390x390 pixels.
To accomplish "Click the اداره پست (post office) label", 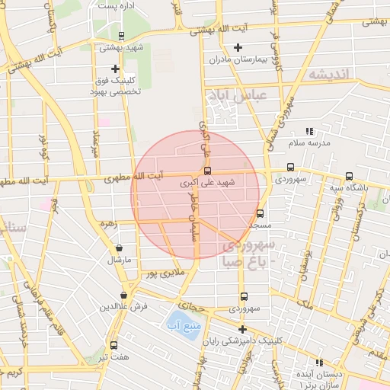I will pos(113,5).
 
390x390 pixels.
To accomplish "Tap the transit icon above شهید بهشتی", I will pos(121,36).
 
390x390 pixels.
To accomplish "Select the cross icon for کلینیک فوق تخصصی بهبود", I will pos(115,68).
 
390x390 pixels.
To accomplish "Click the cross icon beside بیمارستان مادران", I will pos(238,47).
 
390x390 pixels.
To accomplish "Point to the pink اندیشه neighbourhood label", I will pos(328,75).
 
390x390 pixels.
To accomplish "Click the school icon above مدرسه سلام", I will pos(309,132).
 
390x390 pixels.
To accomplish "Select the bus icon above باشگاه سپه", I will pos(349,176).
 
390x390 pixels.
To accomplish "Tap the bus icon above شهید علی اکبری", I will pos(208,171).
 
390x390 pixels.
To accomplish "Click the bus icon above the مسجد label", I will pos(260,214).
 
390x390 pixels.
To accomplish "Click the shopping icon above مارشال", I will pos(120,248).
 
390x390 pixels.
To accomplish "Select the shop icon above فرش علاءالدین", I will pos(123,295).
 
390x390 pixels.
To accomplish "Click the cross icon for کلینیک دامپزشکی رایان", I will pos(242,330).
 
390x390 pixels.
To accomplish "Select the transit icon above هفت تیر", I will pos(114,345).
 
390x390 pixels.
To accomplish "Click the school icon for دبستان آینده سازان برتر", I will pos(320,363).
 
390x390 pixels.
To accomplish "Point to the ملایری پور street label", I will pos(166,272).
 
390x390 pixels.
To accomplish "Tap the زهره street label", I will pos(108,224).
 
